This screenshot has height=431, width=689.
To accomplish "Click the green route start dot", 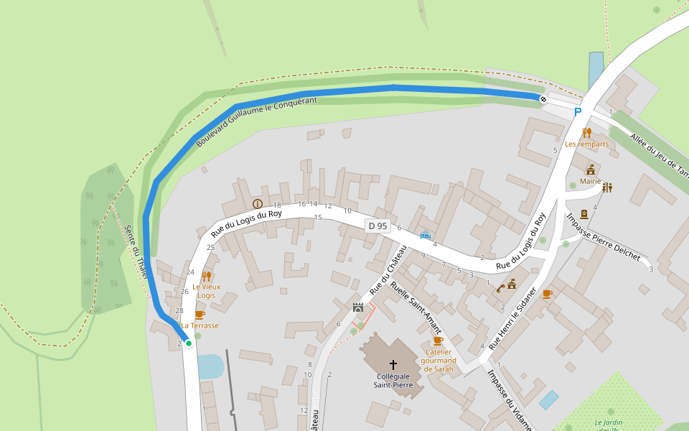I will (x=189, y=343).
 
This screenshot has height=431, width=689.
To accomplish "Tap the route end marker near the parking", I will (x=543, y=98).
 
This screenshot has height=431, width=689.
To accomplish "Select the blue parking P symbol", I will (x=578, y=112).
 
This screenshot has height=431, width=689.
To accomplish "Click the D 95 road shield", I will (x=378, y=226).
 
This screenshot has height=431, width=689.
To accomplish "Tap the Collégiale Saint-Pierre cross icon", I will (x=393, y=365).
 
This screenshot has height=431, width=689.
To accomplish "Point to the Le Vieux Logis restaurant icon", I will (x=206, y=276).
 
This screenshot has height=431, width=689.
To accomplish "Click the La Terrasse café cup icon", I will (x=200, y=315).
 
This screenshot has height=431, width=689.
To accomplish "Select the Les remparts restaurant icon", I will (x=586, y=132).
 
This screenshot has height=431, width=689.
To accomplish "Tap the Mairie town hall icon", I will (x=590, y=170).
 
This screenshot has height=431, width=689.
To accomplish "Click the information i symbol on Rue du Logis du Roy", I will (x=257, y=204).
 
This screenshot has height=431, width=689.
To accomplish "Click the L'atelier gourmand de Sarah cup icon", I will (x=438, y=340).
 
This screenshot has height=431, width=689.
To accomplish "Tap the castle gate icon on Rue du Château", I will (x=358, y=307).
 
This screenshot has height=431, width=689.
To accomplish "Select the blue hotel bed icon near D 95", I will (x=426, y=235).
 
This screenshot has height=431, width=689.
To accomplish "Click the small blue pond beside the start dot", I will (x=210, y=366).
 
